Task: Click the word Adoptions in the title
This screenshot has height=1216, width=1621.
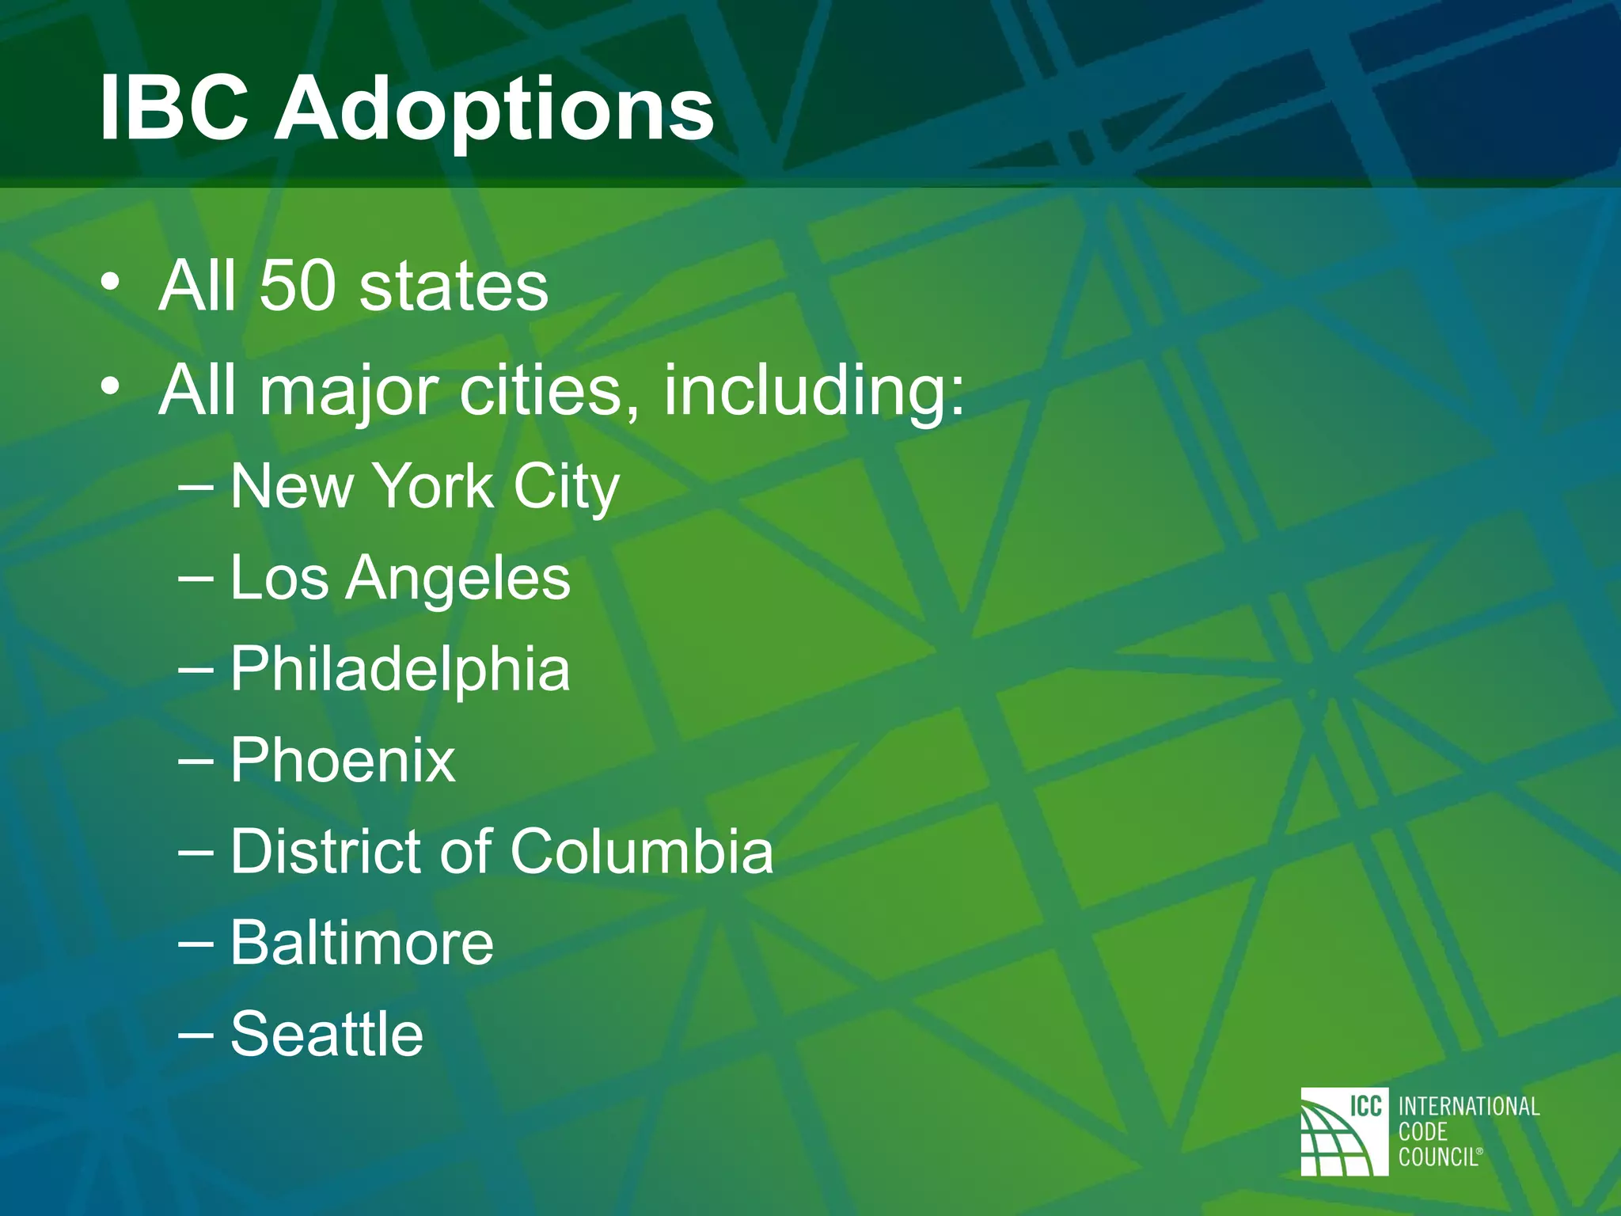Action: pyautogui.click(x=494, y=111)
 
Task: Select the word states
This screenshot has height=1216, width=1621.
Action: pyautogui.click(x=454, y=286)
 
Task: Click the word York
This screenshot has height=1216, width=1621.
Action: pyautogui.click(x=433, y=486)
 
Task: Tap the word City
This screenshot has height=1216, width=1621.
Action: pyautogui.click(x=566, y=488)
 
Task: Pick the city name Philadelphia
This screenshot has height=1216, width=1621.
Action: pyautogui.click(x=400, y=670)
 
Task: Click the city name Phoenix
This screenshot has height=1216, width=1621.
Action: pyautogui.click(x=343, y=761)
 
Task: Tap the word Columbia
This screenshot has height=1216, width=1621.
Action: pyautogui.click(x=641, y=852)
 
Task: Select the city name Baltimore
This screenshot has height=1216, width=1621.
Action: pyautogui.click(x=362, y=943)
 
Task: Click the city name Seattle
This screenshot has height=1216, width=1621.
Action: pyautogui.click(x=327, y=1034)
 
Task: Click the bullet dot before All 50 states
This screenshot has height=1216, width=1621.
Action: pyautogui.click(x=111, y=282)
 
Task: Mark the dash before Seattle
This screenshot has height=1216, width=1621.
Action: pyautogui.click(x=196, y=1034)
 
